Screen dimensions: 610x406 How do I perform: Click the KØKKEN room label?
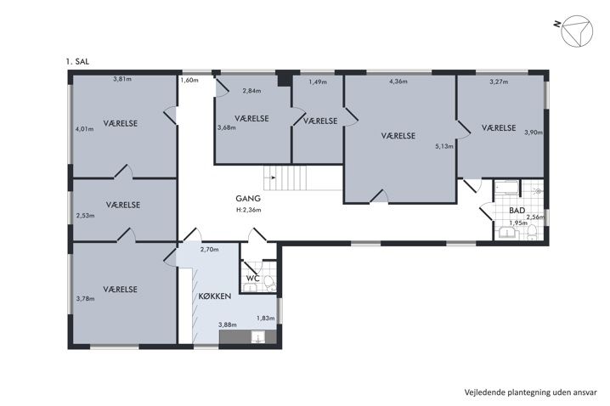215,296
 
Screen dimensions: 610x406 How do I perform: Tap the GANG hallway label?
248,199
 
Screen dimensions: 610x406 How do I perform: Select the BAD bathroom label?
517,211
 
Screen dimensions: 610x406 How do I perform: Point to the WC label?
253,279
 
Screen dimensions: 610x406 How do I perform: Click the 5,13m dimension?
443,147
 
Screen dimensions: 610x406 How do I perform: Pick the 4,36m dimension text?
398,82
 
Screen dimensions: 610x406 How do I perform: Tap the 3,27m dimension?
499,82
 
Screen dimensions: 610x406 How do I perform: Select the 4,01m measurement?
84,129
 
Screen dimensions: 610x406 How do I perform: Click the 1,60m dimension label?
189,81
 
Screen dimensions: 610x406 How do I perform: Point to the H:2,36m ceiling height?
249,210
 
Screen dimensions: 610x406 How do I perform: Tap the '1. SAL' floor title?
77,61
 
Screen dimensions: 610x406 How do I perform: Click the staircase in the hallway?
285,178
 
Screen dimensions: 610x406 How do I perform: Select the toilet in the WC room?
269,283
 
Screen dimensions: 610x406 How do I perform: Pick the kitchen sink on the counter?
257,337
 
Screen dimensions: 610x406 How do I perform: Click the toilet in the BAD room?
532,233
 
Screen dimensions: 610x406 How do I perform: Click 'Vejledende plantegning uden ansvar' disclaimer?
531,392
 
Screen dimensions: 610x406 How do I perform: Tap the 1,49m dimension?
318,82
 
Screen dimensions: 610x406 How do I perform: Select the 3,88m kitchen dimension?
228,324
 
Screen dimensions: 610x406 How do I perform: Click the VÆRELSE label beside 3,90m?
499,128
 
